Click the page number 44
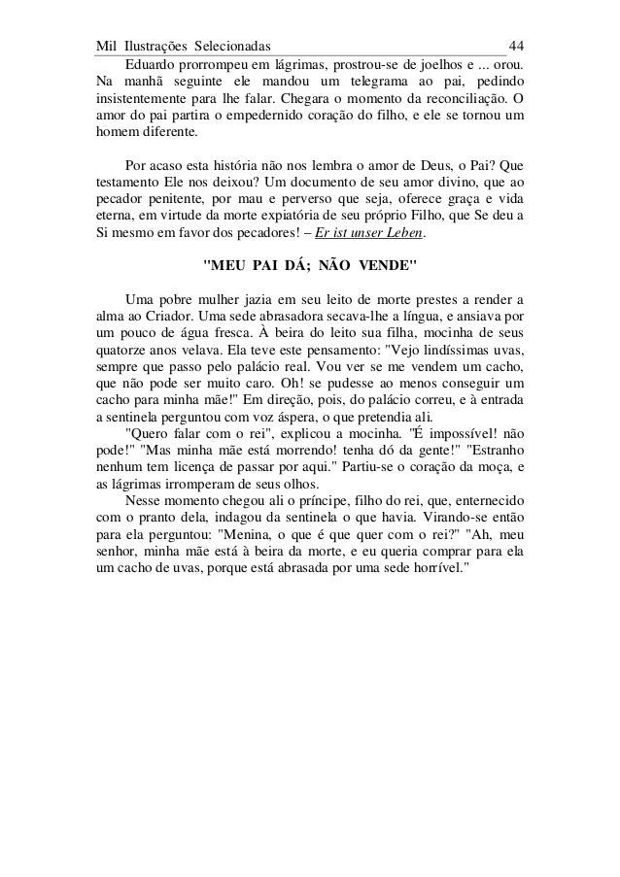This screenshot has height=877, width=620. click(517, 46)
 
